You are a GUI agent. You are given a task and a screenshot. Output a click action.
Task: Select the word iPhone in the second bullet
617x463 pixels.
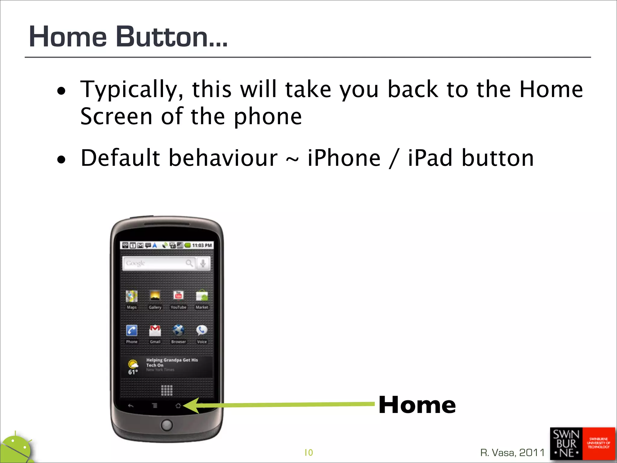344,158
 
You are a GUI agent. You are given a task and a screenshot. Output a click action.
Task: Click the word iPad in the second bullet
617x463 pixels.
430,158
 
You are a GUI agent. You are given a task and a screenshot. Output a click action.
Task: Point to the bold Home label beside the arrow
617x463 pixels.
417,405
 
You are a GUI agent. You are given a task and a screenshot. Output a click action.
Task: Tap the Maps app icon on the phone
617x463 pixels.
132,296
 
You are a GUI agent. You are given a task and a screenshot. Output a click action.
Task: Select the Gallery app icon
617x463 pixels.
155,296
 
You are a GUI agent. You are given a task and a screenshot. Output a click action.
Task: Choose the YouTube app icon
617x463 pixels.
178,296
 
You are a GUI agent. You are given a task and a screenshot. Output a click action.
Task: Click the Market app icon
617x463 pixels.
202,296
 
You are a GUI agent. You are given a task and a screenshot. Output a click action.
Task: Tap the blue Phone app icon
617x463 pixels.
132,331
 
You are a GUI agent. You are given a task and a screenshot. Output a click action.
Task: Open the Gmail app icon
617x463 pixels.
155,331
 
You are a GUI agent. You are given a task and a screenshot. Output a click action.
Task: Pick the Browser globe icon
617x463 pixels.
178,331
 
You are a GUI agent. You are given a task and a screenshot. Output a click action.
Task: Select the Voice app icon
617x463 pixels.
202,331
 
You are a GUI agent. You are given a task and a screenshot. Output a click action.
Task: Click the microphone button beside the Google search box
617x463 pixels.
203,263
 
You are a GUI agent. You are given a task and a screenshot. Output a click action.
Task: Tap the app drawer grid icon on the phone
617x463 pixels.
167,390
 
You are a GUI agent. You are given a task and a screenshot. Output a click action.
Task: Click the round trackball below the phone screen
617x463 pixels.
167,425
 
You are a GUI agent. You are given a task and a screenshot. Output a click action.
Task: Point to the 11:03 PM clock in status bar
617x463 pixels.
202,245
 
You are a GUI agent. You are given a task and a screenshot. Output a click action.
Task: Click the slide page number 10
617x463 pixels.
308,452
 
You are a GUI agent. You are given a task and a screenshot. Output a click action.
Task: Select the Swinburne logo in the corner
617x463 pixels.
582,444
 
